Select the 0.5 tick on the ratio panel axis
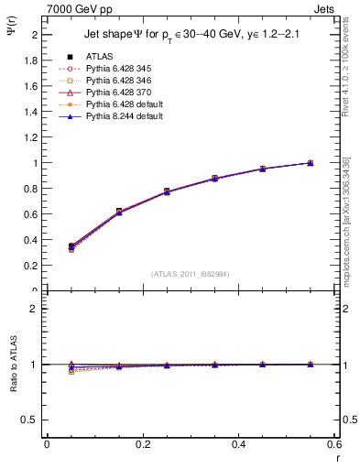point(31,420)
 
